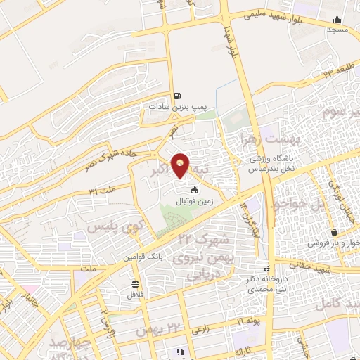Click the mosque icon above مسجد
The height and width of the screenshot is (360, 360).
point(337,20)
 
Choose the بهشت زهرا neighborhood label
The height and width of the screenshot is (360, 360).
point(261,138)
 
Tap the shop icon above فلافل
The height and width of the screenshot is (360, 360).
point(134,284)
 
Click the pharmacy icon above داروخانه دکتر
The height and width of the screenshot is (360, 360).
point(266,269)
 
